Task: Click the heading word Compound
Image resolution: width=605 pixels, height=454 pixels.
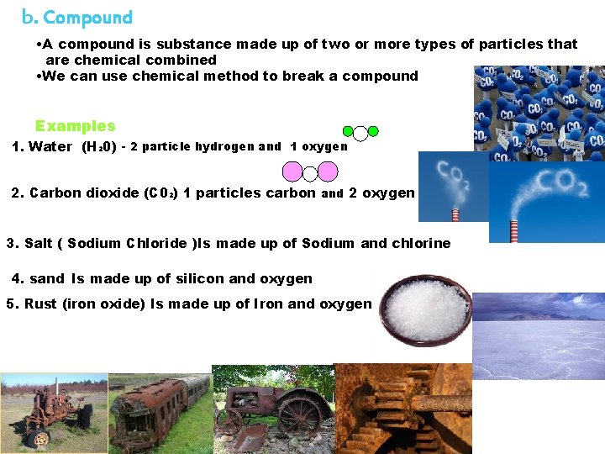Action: (x=87, y=18)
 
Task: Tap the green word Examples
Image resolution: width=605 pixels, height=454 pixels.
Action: (x=75, y=126)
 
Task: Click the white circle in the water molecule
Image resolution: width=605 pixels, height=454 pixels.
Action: (x=360, y=133)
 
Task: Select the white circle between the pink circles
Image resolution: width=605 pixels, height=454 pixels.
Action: (x=309, y=173)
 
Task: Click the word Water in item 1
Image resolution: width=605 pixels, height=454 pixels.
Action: (x=50, y=147)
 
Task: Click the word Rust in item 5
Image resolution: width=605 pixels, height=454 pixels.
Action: (x=40, y=304)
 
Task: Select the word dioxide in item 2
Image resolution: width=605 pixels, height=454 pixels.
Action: (x=108, y=193)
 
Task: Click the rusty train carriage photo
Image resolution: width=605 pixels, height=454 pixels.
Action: (x=160, y=414)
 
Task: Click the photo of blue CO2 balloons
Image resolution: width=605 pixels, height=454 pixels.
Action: (x=539, y=110)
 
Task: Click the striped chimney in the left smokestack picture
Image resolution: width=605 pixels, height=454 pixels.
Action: (x=455, y=214)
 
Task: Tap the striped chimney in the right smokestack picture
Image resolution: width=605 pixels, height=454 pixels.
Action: (x=514, y=230)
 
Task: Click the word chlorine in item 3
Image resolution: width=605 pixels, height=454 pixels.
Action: (x=419, y=244)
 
